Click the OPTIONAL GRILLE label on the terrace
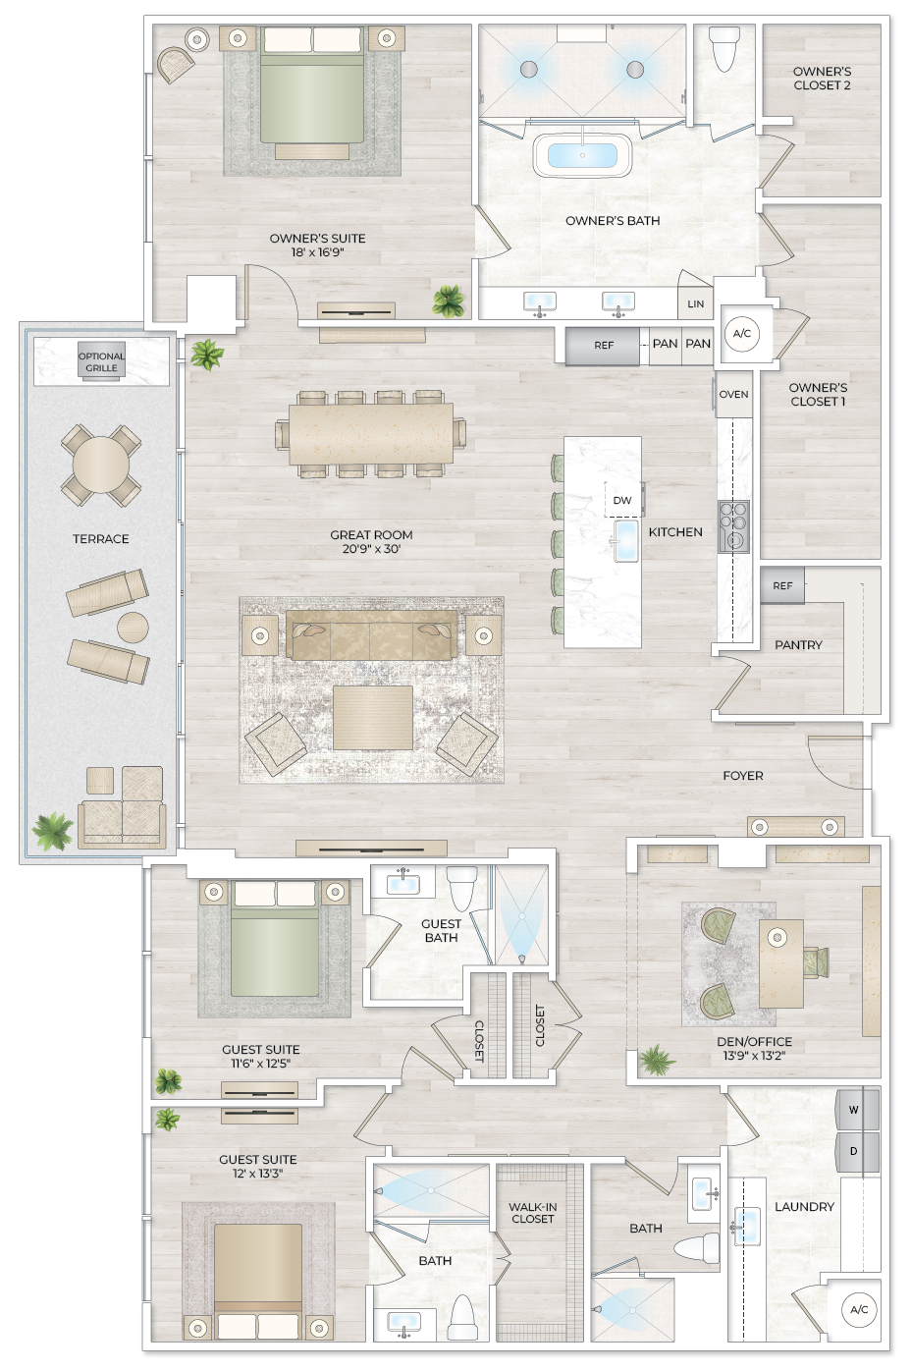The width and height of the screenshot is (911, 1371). pyautogui.click(x=101, y=362)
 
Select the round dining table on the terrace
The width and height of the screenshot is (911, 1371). pyautogui.click(x=100, y=464)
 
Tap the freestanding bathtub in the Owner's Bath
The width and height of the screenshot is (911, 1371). pyautogui.click(x=582, y=156)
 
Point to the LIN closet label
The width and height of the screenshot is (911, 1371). pyautogui.click(x=695, y=304)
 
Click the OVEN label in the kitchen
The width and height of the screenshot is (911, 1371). pyautogui.click(x=733, y=395)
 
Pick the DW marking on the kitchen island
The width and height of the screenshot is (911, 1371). pyautogui.click(x=622, y=501)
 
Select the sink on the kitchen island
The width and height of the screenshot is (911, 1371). pyautogui.click(x=625, y=541)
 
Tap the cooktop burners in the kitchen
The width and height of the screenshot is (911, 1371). pyautogui.click(x=733, y=526)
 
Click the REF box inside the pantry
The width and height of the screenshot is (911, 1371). pyautogui.click(x=782, y=586)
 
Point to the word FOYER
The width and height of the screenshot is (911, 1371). pyautogui.click(x=742, y=776)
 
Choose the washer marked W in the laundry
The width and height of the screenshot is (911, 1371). pyautogui.click(x=855, y=1110)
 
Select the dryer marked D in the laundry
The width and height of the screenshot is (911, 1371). pyautogui.click(x=855, y=1151)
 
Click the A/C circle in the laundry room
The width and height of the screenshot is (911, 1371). pyautogui.click(x=859, y=1310)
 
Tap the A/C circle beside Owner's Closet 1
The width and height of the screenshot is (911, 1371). pyautogui.click(x=742, y=334)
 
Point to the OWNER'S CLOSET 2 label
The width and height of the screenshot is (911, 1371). pyautogui.click(x=822, y=79)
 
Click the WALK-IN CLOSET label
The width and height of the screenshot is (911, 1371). pyautogui.click(x=533, y=1213)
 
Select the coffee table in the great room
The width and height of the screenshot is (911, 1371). pyautogui.click(x=372, y=717)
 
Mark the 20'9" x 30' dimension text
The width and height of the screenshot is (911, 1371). pyautogui.click(x=371, y=549)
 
